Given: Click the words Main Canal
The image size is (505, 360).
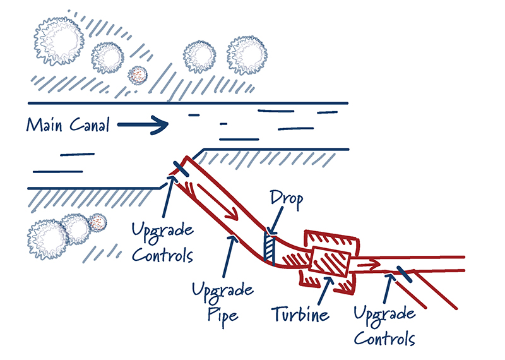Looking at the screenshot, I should point(68,124).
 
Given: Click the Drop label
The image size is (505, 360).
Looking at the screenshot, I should point(285,200).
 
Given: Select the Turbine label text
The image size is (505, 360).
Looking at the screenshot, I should point(301,314).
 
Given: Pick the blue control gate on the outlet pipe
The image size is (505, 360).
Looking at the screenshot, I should point(403,274).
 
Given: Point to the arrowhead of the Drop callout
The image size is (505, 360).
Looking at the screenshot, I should point(269,232).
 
